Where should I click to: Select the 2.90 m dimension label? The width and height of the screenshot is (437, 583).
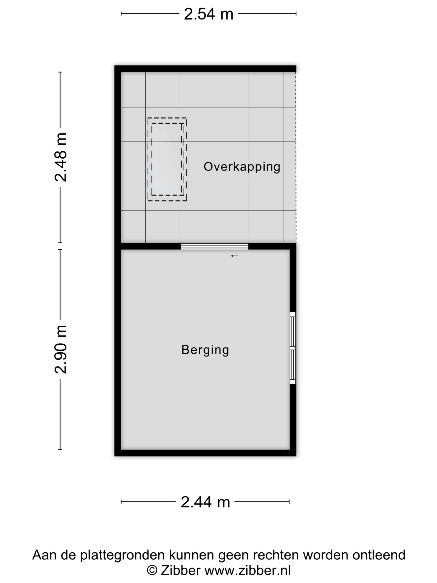[x=61, y=349]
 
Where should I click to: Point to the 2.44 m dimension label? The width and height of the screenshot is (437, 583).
[x=205, y=502]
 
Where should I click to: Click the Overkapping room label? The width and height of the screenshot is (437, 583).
[x=242, y=167]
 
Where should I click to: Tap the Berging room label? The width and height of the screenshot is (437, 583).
[x=205, y=350]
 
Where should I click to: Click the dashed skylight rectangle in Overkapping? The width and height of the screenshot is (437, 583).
[x=167, y=159]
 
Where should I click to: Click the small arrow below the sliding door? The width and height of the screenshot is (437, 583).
[x=235, y=256]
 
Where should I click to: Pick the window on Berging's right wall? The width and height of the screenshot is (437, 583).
[x=293, y=348]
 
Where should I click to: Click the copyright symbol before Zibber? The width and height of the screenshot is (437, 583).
[x=152, y=570]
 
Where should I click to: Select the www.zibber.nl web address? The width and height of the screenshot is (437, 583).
[x=248, y=570]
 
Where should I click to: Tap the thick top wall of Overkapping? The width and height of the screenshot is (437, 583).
[x=205, y=69]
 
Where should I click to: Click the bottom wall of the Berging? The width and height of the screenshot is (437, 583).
[x=205, y=453]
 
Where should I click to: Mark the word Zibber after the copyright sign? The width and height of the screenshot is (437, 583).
[x=180, y=570]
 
